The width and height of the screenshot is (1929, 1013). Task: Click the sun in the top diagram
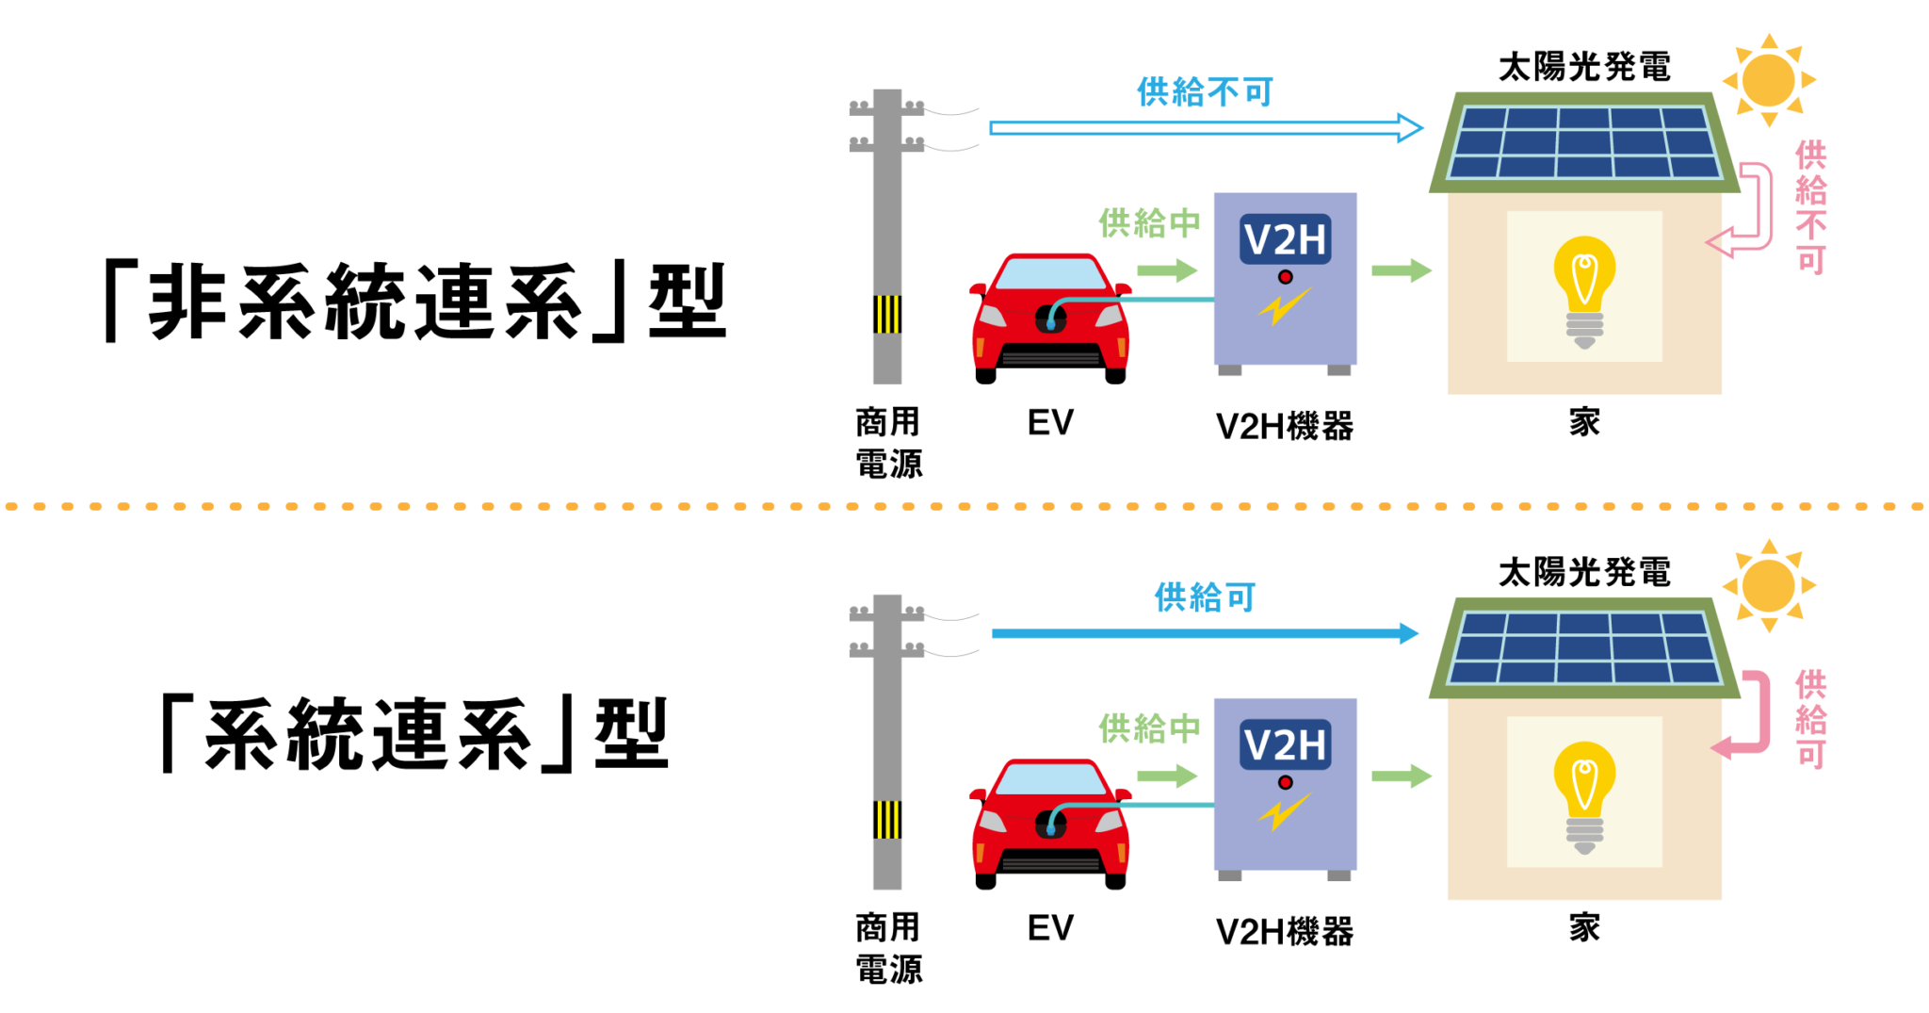[1768, 81]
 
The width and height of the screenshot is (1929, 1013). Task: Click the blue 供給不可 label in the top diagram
[1205, 92]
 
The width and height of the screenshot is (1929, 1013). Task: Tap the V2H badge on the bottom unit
[1285, 745]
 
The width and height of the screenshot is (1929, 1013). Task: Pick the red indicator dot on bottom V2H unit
[1285, 783]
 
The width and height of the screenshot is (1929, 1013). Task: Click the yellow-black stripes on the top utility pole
[887, 315]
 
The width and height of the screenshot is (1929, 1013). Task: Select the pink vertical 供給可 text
[1810, 719]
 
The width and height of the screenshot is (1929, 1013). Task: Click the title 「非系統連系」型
[414, 302]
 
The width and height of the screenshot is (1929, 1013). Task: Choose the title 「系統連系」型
[414, 734]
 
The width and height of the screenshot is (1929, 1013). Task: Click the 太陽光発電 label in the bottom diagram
[1584, 572]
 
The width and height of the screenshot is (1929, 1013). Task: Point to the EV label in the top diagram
[1050, 423]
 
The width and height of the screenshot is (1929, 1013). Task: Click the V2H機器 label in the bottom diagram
[1285, 932]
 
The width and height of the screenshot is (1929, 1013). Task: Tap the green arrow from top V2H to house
[1402, 271]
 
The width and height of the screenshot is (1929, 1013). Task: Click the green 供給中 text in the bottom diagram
[1149, 728]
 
